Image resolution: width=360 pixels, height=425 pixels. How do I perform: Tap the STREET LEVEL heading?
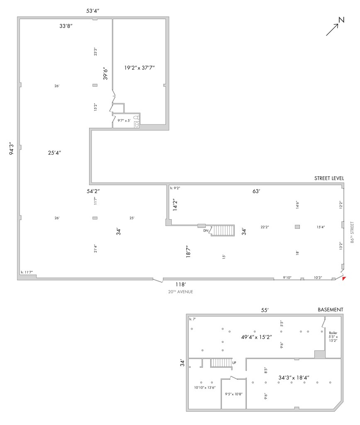[329, 178]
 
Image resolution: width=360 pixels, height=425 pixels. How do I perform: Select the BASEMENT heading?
[330, 310]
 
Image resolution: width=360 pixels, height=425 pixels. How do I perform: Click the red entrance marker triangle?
[343, 278]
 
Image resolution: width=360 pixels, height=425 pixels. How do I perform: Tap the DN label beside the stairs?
[205, 231]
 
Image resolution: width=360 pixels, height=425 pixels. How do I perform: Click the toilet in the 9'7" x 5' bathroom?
[136, 118]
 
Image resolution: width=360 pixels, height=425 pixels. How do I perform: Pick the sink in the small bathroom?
[137, 124]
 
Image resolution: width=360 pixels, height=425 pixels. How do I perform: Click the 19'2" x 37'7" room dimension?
[139, 67]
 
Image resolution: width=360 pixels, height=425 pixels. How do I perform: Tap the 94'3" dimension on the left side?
[12, 149]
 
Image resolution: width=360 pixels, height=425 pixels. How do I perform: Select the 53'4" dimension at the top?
[93, 11]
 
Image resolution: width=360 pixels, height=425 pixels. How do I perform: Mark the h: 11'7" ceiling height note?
[27, 272]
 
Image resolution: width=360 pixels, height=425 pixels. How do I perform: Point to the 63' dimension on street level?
[256, 191]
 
